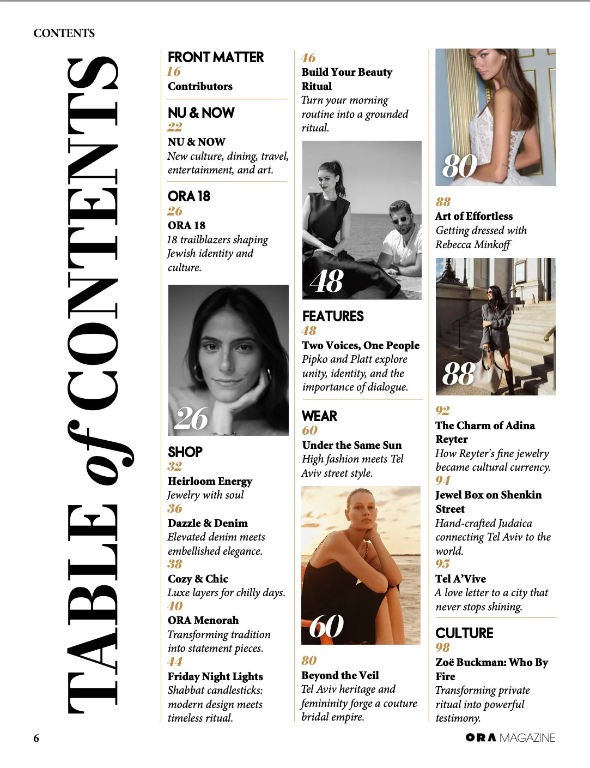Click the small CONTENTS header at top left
coord(64,33)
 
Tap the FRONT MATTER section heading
coord(215,57)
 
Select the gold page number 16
coord(174,71)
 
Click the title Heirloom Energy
coord(210,481)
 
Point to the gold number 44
coord(175,662)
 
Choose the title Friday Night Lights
coord(215,676)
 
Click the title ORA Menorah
coord(203,620)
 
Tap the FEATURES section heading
coord(333,316)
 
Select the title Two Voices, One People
coord(361,345)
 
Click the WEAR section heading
coord(319,416)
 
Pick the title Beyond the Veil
coord(340,675)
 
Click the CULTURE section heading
coord(464,633)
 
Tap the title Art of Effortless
coord(474,216)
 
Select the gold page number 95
coord(442,564)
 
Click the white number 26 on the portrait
coord(191,418)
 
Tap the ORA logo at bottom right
coord(481,737)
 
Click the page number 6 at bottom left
coord(37,738)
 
